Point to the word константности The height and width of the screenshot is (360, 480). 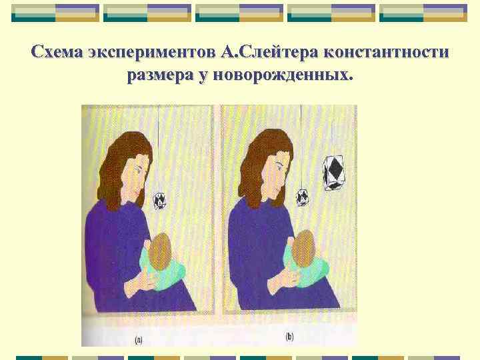(x=387, y=52)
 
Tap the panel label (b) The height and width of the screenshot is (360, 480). (x=289, y=337)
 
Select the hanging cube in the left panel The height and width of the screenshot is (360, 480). (x=160, y=199)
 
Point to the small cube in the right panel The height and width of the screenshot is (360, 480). (x=302, y=196)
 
